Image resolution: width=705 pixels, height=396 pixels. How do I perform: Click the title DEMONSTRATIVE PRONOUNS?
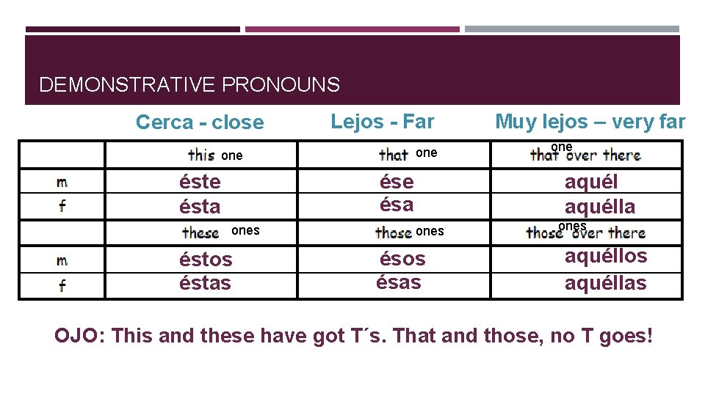[x=189, y=85]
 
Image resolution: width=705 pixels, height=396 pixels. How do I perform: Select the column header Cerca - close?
[x=199, y=122]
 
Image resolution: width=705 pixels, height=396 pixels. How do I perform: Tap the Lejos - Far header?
[x=383, y=121]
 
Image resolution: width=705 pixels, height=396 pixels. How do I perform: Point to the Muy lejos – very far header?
[x=590, y=121]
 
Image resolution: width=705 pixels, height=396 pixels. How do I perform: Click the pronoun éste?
[x=200, y=181]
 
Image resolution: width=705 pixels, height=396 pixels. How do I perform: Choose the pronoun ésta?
[x=200, y=206]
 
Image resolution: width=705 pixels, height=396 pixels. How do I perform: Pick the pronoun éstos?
[x=206, y=259]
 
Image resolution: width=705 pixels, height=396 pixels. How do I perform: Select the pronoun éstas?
[x=205, y=282]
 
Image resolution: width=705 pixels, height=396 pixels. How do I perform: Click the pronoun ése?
[x=397, y=181]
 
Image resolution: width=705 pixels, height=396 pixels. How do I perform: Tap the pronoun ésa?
[x=397, y=204]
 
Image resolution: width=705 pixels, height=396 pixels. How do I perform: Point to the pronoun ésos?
[x=402, y=258]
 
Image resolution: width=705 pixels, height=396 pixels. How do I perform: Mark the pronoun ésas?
[x=399, y=282]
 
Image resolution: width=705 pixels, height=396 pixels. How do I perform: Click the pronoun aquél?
[x=591, y=182]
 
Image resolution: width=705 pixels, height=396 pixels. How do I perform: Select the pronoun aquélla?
[x=600, y=206]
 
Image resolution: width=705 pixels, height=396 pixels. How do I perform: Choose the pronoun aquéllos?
[x=606, y=256]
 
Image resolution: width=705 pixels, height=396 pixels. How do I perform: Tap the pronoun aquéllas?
[x=606, y=282]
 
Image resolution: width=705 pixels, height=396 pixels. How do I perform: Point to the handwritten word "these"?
[x=201, y=233]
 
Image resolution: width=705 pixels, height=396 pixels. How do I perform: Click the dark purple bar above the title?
[x=132, y=29]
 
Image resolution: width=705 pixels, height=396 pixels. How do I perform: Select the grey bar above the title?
[x=572, y=29]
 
